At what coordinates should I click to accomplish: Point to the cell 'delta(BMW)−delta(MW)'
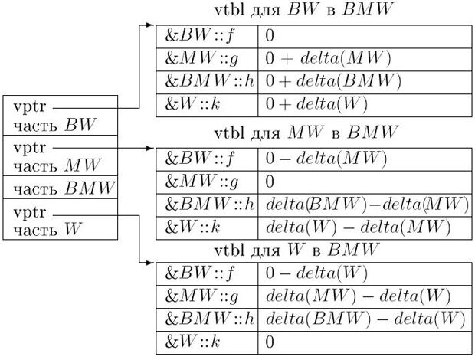[x=366, y=205]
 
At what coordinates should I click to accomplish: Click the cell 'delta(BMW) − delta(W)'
[x=366, y=319]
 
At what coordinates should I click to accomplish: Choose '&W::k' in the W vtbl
[x=186, y=341]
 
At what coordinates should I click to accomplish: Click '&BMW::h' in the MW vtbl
[x=207, y=205]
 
